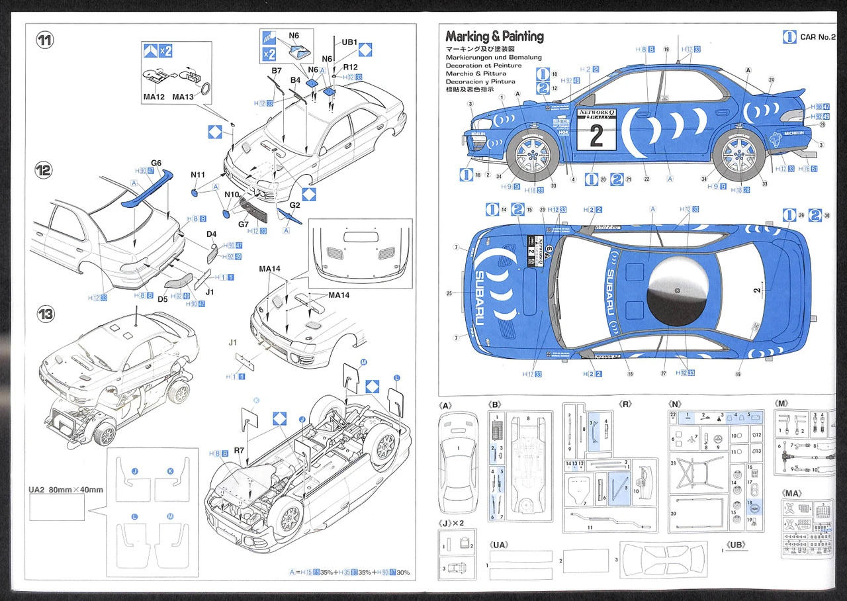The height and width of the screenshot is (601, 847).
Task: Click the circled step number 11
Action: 45,40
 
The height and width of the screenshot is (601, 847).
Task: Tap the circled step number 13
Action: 45,313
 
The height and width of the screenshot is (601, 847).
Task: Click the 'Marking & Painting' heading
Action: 494,36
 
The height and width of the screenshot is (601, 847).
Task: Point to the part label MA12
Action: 154,97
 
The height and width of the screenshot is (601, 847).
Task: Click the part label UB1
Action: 349,42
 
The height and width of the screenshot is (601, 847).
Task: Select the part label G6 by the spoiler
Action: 156,163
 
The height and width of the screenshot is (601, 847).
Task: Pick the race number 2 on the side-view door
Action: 596,136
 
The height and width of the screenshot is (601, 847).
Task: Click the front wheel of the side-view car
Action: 533,155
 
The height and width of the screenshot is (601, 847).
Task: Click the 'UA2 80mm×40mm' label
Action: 66,490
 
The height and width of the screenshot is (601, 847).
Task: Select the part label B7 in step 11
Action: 277,69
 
